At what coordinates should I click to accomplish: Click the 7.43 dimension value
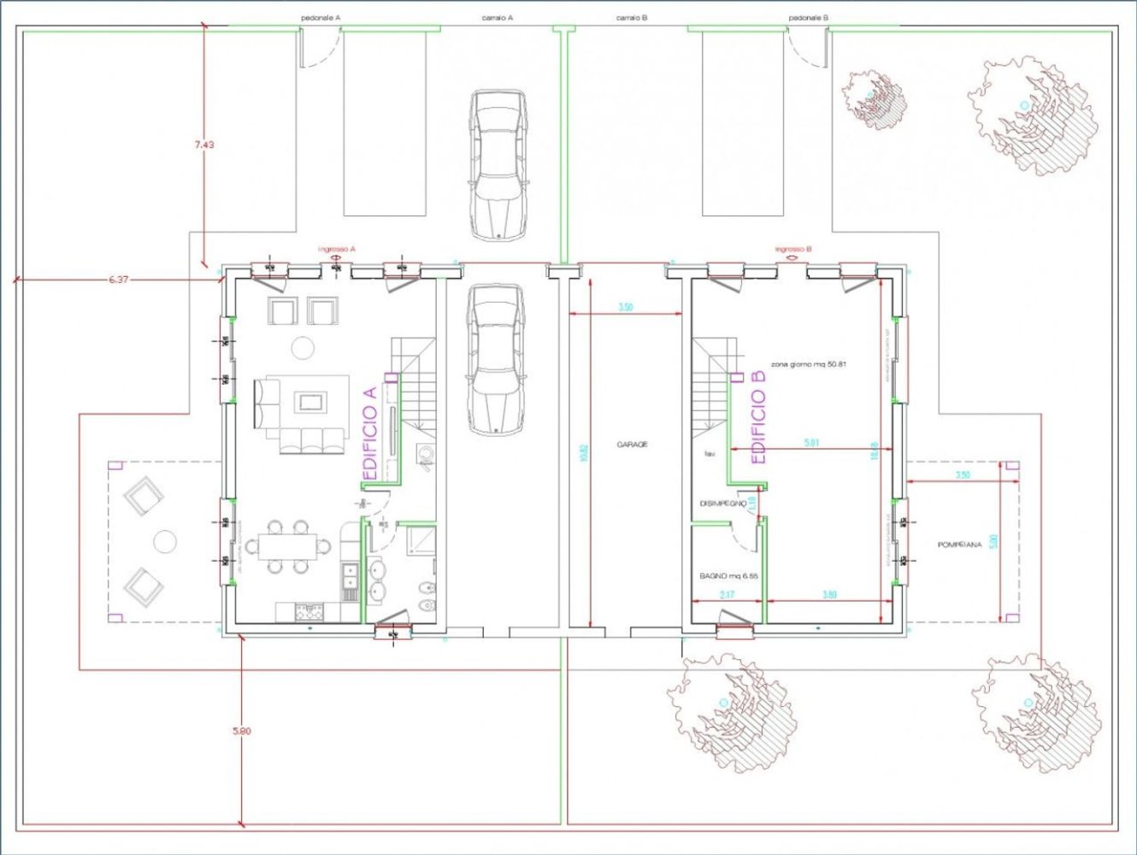203,144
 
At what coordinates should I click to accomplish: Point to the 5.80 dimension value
242,731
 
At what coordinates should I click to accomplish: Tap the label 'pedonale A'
321,17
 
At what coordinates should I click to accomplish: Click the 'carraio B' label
632,17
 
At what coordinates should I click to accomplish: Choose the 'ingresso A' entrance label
337,249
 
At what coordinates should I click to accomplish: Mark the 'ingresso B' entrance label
793,249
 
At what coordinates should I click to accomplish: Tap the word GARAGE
632,445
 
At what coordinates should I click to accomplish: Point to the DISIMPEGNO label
722,504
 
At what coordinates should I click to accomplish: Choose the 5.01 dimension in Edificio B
811,442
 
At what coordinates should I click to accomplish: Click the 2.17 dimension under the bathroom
728,594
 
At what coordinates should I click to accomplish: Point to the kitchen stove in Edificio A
309,611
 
